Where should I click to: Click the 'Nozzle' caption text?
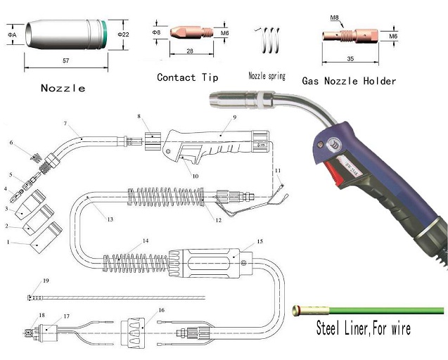[x=63, y=88]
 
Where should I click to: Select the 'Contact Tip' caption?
[x=187, y=77]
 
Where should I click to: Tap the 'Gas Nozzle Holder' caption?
[x=349, y=81]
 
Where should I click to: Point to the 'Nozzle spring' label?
[x=267, y=75]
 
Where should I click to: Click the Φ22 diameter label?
[x=122, y=34]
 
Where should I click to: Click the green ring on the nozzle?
[x=106, y=33]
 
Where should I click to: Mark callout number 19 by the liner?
[x=46, y=281]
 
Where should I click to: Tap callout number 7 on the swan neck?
[x=66, y=124]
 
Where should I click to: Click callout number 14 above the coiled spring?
[x=146, y=241]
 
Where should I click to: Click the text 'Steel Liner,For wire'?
[x=362, y=328]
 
